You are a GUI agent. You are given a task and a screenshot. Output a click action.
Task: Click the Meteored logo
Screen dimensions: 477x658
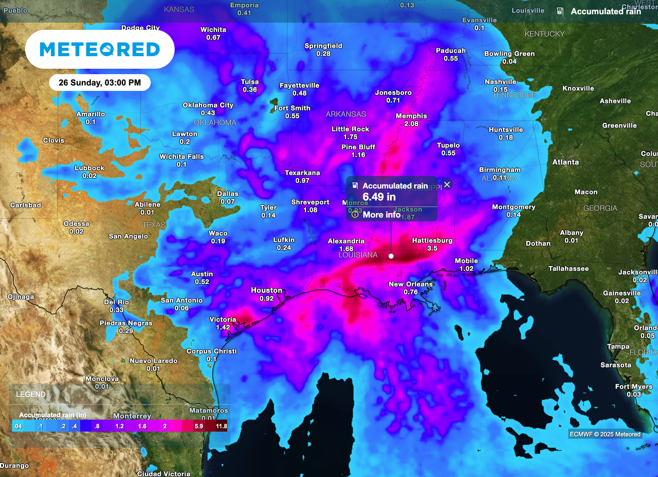(100, 49)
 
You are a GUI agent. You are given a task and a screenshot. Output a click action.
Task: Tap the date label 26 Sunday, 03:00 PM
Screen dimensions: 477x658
(100, 82)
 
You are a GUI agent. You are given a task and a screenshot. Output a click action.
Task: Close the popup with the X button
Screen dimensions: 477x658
(447, 185)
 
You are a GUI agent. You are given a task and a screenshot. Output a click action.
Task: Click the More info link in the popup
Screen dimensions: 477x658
(381, 215)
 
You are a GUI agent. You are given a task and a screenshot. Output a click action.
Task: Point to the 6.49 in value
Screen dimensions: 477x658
(379, 197)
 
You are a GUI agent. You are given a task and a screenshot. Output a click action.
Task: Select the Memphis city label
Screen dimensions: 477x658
(411, 116)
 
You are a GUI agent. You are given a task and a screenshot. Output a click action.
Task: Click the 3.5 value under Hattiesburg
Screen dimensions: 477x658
(432, 249)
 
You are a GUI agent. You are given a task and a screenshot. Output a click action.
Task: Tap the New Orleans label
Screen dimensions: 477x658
(410, 284)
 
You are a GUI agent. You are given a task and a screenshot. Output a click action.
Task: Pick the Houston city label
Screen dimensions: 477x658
(266, 290)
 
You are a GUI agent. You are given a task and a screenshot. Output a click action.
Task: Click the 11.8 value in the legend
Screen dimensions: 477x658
(222, 427)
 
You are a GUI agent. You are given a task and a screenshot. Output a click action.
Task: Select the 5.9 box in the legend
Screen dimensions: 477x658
(199, 427)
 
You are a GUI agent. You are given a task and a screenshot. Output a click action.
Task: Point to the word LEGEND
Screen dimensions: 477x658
(31, 395)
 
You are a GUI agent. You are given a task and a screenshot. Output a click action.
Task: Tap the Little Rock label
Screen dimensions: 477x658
(350, 129)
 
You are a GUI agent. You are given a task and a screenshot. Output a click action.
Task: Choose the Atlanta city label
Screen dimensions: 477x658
(565, 162)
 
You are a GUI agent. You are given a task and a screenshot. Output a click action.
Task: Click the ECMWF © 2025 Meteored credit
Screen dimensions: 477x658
(605, 434)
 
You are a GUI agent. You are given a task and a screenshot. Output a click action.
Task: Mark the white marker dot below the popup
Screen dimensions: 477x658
(391, 256)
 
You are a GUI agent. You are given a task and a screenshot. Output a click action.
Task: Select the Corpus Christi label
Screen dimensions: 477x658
(211, 351)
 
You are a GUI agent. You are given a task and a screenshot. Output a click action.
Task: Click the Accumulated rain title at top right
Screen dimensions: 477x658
(606, 11)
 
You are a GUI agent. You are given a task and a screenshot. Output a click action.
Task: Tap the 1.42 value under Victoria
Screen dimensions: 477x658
(223, 327)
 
